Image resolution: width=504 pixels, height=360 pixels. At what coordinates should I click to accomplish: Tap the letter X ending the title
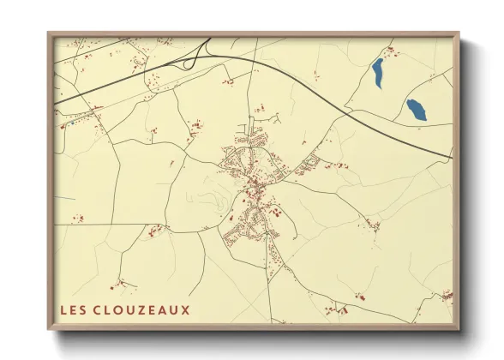pos(185,309)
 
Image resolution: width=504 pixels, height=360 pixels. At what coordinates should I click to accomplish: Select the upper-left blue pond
pos(378,73)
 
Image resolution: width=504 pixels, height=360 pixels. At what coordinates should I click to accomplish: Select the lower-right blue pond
pos(416,109)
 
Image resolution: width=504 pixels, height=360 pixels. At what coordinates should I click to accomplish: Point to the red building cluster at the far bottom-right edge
pos(446,296)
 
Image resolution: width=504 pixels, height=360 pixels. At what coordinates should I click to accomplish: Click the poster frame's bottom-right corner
pos(459,329)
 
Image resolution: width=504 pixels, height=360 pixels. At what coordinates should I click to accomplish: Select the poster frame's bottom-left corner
pos(48,329)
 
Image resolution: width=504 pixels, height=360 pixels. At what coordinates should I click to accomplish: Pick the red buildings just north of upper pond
pos(392,52)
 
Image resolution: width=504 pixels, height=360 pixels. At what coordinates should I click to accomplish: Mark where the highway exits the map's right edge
pos(451,159)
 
